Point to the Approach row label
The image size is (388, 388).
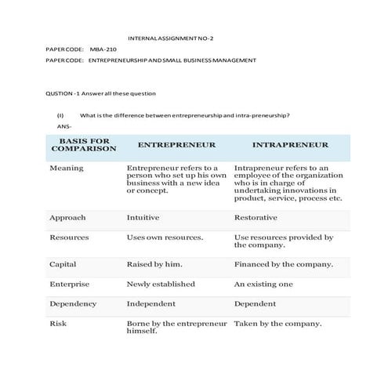pyautogui.click(x=67, y=218)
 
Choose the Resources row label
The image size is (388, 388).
pyautogui.click(x=70, y=237)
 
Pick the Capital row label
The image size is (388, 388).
pyautogui.click(x=63, y=265)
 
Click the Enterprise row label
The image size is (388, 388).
pyautogui.click(x=69, y=284)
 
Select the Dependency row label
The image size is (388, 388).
pyautogui.click(x=73, y=303)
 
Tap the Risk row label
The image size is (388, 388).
pyautogui.click(x=57, y=323)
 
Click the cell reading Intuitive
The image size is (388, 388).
pyautogui.click(x=143, y=218)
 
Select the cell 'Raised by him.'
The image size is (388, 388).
pyautogui.click(x=156, y=265)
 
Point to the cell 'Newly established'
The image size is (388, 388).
pyautogui.click(x=160, y=284)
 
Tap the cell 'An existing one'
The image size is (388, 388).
pyautogui.click(x=264, y=284)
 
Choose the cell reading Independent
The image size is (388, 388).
pyautogui.click(x=151, y=303)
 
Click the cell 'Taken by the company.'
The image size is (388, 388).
pyautogui.click(x=277, y=323)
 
